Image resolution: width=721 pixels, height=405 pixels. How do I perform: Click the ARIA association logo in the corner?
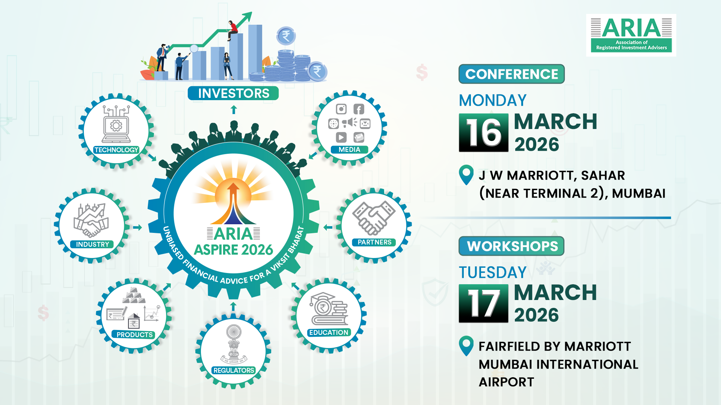coord(631,35)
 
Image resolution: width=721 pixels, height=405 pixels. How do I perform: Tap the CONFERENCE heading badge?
coord(511,74)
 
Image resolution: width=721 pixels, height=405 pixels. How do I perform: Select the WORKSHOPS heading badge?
coord(511,246)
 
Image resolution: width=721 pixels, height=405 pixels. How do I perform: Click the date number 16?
coord(484,133)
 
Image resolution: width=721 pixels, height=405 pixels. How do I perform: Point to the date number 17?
coord(484,303)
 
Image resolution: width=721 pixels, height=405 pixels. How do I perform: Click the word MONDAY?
coord(493,100)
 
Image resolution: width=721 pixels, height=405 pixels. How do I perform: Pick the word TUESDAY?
coord(493,273)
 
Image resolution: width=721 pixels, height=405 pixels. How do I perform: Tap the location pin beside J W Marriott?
coord(466,174)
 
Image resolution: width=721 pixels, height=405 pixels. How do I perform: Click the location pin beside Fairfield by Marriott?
coord(466,345)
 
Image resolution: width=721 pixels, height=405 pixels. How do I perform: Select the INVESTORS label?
coord(233,93)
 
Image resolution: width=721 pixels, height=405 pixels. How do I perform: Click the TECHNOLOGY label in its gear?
coord(116,150)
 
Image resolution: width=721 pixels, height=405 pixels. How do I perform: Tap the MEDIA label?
coord(350,150)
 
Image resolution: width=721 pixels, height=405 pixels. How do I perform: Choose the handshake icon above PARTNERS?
coord(374,218)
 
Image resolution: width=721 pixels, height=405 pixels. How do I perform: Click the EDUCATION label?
coord(329,333)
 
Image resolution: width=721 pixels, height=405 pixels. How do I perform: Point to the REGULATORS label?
coord(234,370)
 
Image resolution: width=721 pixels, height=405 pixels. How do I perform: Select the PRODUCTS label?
coord(134,334)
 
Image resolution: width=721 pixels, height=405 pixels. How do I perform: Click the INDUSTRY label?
coord(92,244)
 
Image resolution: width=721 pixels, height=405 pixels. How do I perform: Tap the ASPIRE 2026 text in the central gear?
coord(233,250)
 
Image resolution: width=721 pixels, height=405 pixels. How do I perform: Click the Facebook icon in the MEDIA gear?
coord(359,109)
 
